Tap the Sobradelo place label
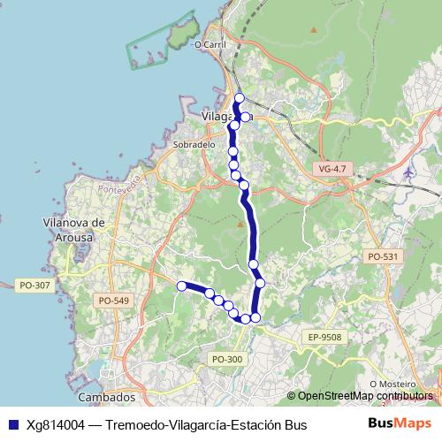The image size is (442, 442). coord(194,144)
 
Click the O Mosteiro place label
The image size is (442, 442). coord(392,384)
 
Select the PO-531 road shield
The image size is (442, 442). coord(383,256)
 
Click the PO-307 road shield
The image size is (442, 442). coord(33,285)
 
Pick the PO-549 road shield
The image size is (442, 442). coord(113,301)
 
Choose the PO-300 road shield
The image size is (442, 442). coord(227,358)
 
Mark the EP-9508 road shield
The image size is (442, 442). coord(324,337)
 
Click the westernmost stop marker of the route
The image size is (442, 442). coord(181,286)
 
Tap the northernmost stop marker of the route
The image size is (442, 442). coord(239,97)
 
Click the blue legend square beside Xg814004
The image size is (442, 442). coord(13,425)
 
